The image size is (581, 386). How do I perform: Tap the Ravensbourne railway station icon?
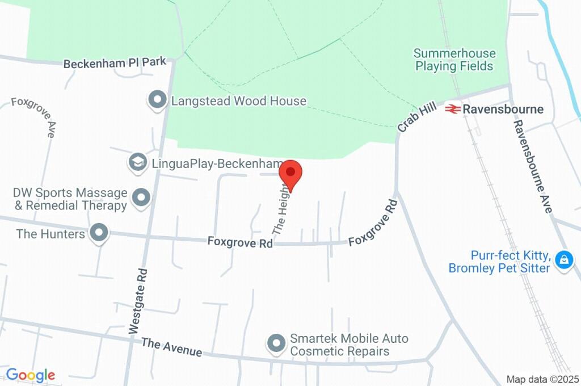tap(452, 108)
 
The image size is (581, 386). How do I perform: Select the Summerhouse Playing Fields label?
tap(454, 60)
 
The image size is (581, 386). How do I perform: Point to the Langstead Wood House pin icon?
tap(157, 100)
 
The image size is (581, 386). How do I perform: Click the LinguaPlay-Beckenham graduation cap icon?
tap(137, 163)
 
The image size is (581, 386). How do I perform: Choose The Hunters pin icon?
tap(100, 233)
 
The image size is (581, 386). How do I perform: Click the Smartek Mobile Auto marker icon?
tap(276, 343)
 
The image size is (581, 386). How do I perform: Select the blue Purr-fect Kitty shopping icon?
tap(563, 261)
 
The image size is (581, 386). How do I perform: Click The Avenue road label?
tap(171, 347)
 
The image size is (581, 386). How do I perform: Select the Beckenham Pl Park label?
tap(115, 63)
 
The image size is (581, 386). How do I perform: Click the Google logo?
tap(31, 375)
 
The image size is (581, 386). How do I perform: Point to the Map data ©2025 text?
tap(542, 379)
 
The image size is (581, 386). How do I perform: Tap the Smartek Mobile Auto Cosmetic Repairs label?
tap(349, 345)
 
